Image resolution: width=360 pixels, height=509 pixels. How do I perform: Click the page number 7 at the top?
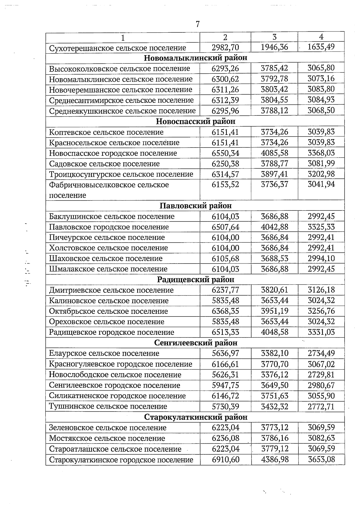point(198,24)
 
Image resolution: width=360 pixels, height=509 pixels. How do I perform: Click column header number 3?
point(274,37)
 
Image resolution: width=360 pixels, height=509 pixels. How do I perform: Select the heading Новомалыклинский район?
point(195,58)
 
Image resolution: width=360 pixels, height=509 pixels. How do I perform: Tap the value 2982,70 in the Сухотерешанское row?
point(225,47)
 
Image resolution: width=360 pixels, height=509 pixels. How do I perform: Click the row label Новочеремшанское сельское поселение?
point(121,90)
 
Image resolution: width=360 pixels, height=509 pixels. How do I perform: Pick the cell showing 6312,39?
point(225,100)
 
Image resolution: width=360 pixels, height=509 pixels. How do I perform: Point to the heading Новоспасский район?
point(196,121)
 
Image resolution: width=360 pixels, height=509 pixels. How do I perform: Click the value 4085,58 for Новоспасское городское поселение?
point(274,153)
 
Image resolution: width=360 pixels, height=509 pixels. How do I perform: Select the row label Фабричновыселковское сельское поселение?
point(109,190)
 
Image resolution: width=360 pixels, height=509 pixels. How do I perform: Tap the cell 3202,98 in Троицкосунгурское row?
point(321,174)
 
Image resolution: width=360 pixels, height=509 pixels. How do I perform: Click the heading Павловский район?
point(196,206)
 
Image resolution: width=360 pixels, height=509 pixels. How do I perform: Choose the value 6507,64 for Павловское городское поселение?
point(225,227)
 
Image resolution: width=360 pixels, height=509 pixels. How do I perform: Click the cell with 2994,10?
point(321,258)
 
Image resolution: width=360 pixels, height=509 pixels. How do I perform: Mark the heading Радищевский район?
point(196,280)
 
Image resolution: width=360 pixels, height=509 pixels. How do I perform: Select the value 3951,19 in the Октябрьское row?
point(274,311)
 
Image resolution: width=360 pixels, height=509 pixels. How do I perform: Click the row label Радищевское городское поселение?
point(112,332)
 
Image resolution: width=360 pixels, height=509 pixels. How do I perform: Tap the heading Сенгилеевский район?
point(196,343)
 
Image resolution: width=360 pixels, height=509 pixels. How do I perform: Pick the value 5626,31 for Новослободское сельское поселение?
point(225,375)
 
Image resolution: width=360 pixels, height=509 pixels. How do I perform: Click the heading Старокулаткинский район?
point(196,417)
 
